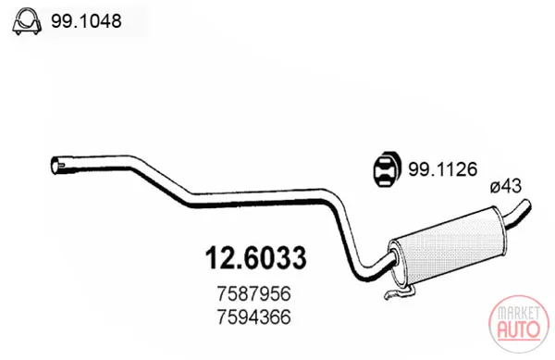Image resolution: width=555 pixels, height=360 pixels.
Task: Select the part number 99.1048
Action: [86, 21]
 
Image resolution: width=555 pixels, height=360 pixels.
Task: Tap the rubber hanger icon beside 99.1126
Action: [388, 169]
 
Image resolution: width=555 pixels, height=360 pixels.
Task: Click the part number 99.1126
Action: [443, 169]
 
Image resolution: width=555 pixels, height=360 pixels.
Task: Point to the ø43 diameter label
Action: [506, 186]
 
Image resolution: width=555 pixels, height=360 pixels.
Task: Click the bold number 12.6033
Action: [255, 257]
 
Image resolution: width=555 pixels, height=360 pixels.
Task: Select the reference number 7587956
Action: [254, 293]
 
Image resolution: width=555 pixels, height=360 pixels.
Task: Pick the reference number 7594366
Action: [254, 317]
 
